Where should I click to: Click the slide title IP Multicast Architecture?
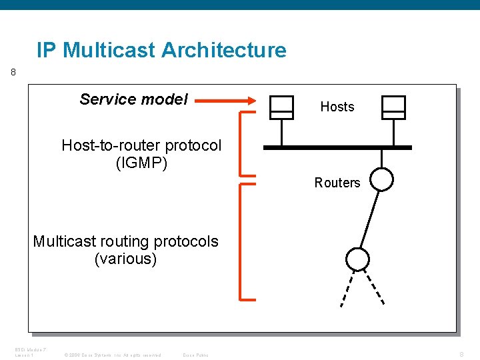(x=161, y=51)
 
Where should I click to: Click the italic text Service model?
(x=133, y=100)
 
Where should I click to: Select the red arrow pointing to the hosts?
(x=227, y=101)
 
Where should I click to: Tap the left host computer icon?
(x=281, y=107)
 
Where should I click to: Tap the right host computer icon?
(x=393, y=107)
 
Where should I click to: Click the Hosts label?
(x=337, y=107)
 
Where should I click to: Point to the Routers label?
(x=337, y=183)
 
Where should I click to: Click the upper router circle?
(x=382, y=179)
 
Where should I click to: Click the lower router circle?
(x=357, y=259)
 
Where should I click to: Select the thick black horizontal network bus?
(x=337, y=147)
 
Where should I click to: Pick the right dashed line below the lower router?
(x=377, y=286)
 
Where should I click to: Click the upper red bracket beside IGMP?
(x=241, y=144)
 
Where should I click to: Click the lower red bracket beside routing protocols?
(x=241, y=241)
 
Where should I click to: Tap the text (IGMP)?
(x=141, y=163)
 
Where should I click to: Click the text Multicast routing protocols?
(x=125, y=241)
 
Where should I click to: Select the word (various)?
(x=125, y=259)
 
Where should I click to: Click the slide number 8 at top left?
(x=13, y=73)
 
